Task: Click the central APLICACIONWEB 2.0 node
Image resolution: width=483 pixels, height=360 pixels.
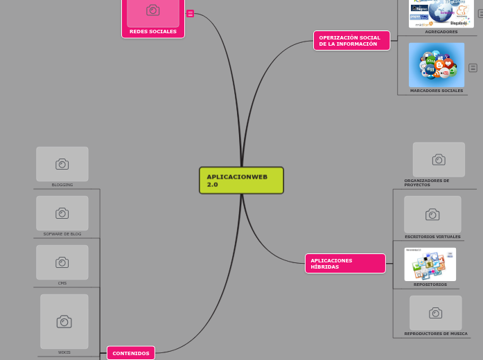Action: point(241,180)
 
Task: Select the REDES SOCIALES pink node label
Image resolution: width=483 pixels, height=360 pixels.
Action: point(152,31)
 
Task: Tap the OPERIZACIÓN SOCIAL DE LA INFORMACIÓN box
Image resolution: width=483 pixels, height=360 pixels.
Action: point(351,40)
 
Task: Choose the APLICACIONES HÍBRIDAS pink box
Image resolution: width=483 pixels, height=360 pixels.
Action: point(344,263)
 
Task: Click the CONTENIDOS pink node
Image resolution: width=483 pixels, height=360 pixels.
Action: point(131,353)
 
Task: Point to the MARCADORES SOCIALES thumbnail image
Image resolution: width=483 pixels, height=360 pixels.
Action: point(436,64)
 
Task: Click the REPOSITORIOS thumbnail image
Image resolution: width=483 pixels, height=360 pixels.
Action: point(430,264)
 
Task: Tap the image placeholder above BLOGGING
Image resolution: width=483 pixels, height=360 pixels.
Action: point(62,164)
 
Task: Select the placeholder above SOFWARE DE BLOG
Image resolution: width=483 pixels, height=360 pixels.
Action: point(62,213)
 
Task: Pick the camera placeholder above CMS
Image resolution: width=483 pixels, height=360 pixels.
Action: point(62,262)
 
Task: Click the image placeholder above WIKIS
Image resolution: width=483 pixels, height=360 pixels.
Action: point(64,321)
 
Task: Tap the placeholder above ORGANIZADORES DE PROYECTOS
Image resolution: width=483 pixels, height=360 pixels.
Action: point(439,160)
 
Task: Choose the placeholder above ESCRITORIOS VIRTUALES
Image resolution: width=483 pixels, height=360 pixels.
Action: point(432,215)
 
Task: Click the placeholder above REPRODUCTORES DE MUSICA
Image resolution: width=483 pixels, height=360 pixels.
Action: point(435,313)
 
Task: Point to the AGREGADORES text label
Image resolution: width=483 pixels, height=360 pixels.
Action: point(441,32)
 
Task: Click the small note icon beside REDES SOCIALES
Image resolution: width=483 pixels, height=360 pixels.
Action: point(190,13)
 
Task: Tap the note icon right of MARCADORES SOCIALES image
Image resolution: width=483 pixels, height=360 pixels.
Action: point(473,68)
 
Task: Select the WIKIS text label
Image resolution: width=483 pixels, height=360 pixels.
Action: point(64,352)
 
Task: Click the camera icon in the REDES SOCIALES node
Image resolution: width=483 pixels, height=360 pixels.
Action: point(152,10)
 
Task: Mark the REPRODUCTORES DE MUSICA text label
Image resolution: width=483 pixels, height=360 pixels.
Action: point(436,334)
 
